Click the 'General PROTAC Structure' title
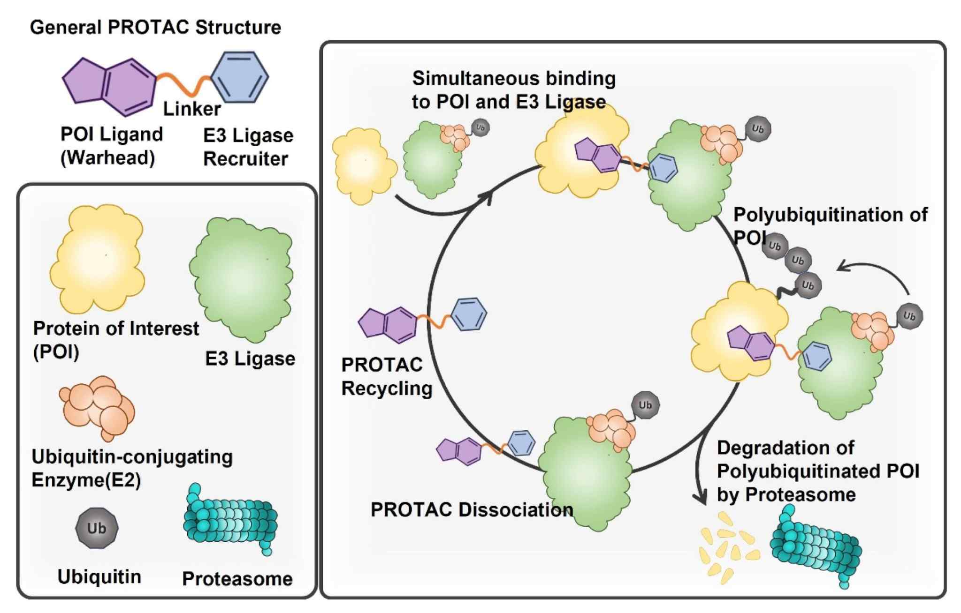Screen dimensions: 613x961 (155, 27)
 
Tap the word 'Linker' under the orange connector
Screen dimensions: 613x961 (191, 109)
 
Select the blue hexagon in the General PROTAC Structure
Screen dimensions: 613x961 (240, 77)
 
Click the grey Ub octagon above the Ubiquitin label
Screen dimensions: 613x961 (97, 528)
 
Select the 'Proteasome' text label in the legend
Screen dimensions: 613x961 (237, 579)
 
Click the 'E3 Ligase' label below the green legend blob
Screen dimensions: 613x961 (250, 359)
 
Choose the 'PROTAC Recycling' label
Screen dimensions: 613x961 (386, 377)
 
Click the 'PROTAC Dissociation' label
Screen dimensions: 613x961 (472, 509)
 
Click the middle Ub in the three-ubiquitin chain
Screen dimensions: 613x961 (798, 261)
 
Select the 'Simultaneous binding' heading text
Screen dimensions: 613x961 (514, 78)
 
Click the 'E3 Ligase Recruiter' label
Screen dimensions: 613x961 (248, 147)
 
